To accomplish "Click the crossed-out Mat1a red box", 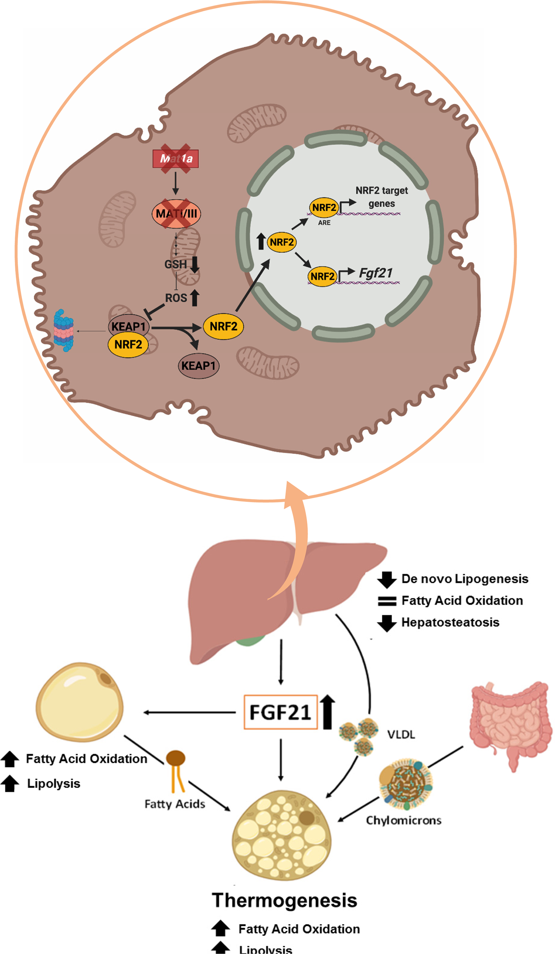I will point(176,159).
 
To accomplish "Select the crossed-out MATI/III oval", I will point(176,214).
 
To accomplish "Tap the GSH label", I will point(175,264).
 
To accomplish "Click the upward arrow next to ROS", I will point(195,297).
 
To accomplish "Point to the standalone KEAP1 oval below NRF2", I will point(198,366).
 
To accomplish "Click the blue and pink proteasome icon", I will point(63,330).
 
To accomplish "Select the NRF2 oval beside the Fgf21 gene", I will point(322,276).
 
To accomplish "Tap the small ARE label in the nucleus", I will point(324,223).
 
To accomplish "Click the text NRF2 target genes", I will point(381,197).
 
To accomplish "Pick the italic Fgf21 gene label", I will point(376,273).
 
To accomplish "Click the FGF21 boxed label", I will point(280,712).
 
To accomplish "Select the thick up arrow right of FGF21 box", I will point(328,711).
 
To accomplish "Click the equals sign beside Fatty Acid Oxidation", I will point(387,601).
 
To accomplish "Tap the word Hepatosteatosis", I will point(450,622).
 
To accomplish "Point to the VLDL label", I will point(401,735).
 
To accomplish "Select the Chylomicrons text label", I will point(403,820).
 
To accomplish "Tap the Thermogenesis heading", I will point(284,900).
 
